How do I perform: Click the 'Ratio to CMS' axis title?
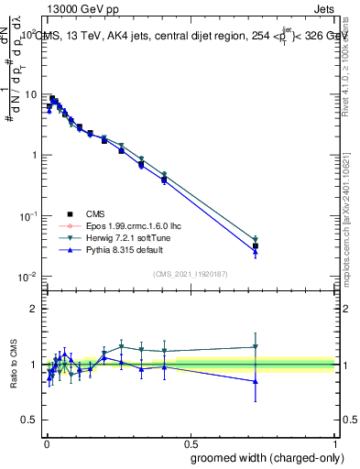(x=14, y=365)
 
